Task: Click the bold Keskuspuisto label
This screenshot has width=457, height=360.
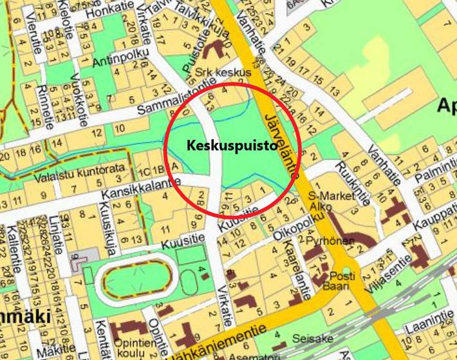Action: pyautogui.click(x=232, y=146)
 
